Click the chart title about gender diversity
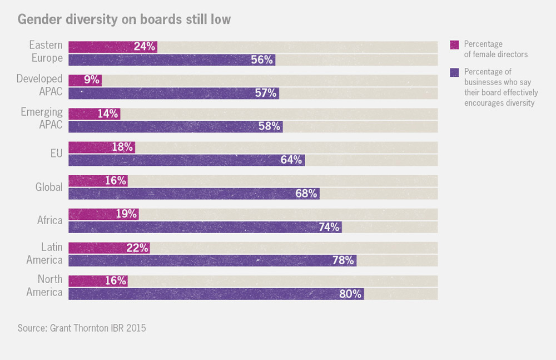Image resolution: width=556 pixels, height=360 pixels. (124, 19)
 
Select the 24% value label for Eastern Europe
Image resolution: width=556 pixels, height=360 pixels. (145, 47)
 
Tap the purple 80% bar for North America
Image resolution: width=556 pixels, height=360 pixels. (216, 294)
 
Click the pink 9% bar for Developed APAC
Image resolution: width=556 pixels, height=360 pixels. (85, 80)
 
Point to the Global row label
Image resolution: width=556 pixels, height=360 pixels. (49, 187)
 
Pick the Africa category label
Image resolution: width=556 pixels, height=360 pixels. (50, 220)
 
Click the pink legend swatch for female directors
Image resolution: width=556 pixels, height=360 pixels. (454, 44)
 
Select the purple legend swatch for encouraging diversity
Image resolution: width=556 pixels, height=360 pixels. (454, 72)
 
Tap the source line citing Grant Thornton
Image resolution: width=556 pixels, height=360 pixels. (81, 328)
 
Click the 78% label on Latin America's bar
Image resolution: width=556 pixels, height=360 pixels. (343, 260)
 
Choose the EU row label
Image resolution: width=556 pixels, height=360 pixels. (56, 154)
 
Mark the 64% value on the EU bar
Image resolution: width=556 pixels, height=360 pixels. (291, 160)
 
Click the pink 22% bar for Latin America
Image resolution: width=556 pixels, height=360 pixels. (109, 248)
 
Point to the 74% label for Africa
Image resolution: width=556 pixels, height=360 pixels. (328, 227)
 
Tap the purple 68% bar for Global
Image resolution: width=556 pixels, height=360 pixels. (193, 194)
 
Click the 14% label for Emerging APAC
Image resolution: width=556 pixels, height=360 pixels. (108, 114)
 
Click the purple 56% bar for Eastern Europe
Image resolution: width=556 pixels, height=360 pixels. (172, 60)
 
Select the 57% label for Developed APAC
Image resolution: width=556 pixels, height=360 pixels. (265, 93)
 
